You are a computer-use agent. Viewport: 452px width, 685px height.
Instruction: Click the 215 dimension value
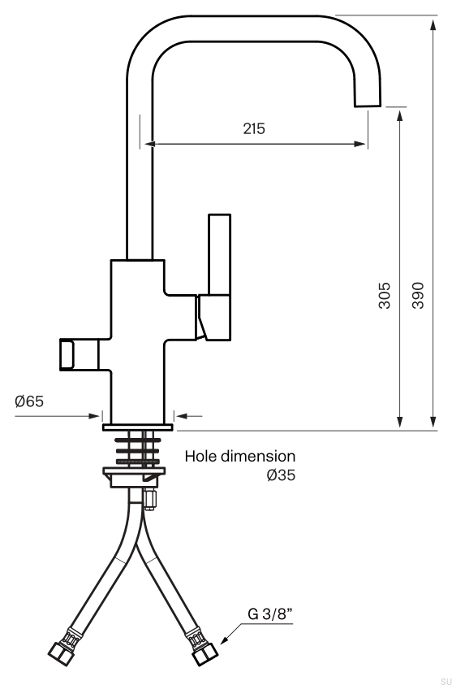254,128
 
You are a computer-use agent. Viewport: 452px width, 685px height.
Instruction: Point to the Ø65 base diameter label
29,401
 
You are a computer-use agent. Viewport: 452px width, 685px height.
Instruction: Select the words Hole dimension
240,456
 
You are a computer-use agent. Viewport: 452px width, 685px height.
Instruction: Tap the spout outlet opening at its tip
366,105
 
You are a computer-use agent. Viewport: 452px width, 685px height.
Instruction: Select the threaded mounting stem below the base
137,448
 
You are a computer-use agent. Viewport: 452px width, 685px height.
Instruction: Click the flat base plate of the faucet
137,426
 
